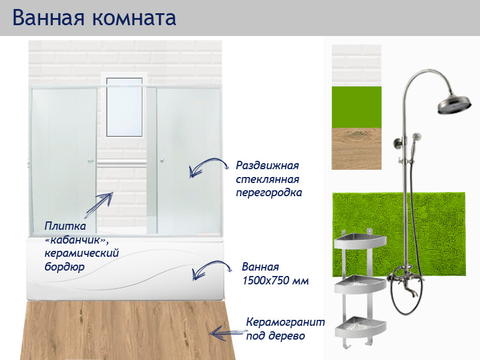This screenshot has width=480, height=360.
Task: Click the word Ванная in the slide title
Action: (x=47, y=17)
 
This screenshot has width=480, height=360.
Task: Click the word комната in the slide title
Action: (x=134, y=19)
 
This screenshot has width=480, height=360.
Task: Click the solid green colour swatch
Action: (x=356, y=107)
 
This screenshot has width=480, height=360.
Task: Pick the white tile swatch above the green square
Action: (x=356, y=65)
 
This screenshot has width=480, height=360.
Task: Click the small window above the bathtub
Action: (x=125, y=107)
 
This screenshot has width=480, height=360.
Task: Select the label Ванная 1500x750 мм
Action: (x=275, y=274)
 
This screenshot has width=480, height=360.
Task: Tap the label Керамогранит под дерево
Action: (x=285, y=329)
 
